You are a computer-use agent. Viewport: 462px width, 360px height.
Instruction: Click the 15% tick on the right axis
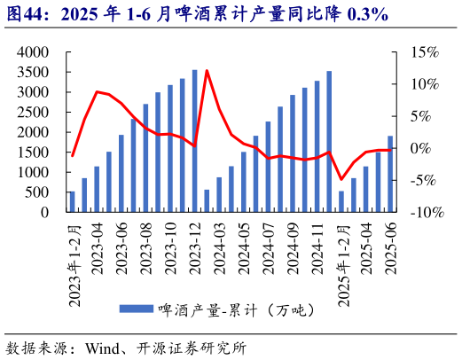[424, 53]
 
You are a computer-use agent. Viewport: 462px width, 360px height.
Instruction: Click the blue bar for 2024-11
[329, 142]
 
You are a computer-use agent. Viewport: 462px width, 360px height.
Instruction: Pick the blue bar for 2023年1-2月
[72, 202]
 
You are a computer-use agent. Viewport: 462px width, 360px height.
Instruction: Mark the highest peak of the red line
[207, 70]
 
